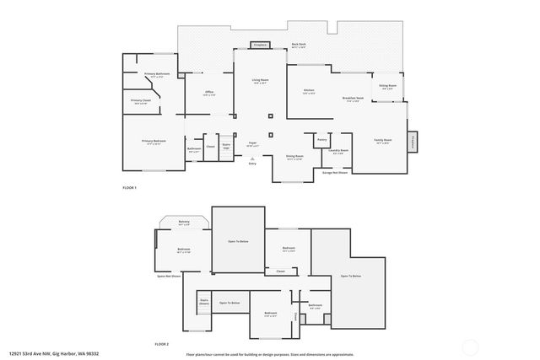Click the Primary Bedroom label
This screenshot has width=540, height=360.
(x=154, y=142)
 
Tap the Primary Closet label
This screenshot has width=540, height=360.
(x=141, y=101)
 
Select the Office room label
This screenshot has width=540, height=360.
(x=208, y=93)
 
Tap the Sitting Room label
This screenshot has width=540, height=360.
(x=387, y=86)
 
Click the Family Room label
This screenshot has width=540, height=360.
(x=383, y=141)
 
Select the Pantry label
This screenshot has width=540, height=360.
(x=321, y=139)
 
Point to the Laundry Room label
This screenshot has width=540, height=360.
(x=337, y=152)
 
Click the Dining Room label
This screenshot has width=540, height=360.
(x=294, y=157)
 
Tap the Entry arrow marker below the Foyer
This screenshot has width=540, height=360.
(x=251, y=157)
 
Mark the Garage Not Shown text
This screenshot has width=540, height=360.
(x=335, y=171)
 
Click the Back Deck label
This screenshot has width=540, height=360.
(x=298, y=44)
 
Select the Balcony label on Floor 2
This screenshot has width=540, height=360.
(x=184, y=223)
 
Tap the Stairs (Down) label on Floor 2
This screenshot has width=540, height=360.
(x=203, y=301)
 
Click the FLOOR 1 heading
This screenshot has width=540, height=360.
(x=129, y=187)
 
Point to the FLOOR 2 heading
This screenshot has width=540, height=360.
(x=161, y=344)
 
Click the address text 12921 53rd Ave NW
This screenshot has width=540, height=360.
(x=44, y=354)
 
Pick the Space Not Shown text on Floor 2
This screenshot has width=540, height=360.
(x=169, y=276)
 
